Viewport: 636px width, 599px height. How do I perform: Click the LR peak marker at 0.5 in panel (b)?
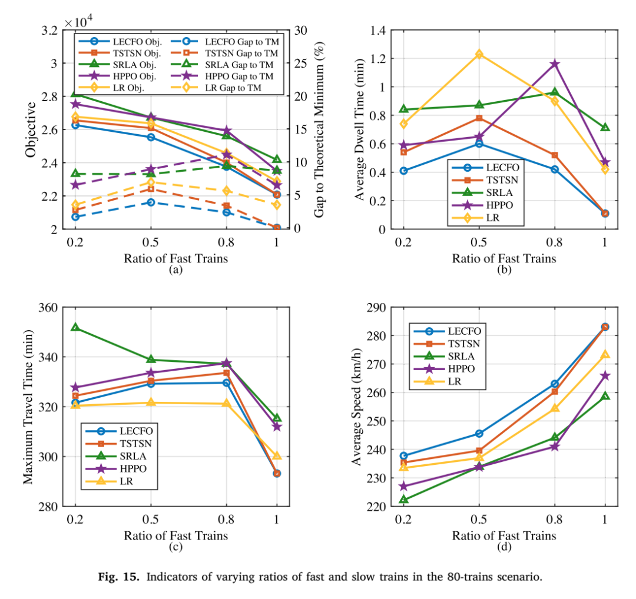[479, 54]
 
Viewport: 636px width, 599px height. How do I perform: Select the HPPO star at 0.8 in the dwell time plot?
[555, 64]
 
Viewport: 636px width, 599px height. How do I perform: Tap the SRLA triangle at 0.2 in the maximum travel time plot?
[75, 327]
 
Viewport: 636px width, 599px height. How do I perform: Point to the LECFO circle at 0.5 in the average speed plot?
[479, 433]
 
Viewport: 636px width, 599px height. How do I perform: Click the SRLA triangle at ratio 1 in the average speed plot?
[605, 395]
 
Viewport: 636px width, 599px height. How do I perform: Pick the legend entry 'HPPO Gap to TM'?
[226, 76]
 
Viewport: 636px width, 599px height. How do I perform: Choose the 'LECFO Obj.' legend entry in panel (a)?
[120, 42]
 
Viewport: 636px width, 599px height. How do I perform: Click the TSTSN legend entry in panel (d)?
[447, 344]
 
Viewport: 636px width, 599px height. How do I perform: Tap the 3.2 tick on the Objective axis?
[49, 31]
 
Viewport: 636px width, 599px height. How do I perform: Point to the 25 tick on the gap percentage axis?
[300, 64]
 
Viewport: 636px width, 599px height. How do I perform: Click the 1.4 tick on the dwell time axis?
[377, 31]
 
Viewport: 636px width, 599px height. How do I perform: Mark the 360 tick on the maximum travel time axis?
[48, 308]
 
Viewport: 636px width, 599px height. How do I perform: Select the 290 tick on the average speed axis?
[376, 308]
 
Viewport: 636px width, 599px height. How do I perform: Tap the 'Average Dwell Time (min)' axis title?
[359, 129]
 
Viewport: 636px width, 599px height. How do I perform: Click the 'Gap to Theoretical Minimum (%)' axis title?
[320, 129]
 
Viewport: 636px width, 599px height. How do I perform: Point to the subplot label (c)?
[175, 547]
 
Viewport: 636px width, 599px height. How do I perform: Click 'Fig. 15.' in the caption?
[119, 577]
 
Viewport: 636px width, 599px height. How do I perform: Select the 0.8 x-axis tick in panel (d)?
[555, 519]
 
